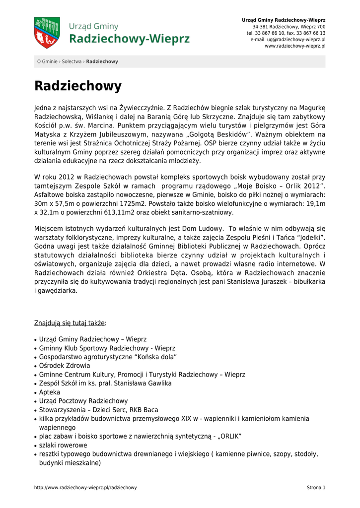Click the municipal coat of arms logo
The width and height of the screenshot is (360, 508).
coord(47,33)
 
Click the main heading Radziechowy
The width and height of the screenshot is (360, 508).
coord(78,86)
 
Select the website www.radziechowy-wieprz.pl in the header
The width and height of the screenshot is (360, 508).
coord(295,46)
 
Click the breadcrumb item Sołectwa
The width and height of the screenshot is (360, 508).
coord(72,62)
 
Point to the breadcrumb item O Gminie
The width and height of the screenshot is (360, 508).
coord(48,62)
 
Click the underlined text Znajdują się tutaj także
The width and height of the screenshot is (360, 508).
coord(70,323)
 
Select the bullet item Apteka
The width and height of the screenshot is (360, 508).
coord(50,392)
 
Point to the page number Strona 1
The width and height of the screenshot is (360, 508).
coord(316,488)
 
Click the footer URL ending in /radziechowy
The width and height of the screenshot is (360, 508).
coord(85,488)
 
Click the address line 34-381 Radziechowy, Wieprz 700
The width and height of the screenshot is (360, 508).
coord(289,26)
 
